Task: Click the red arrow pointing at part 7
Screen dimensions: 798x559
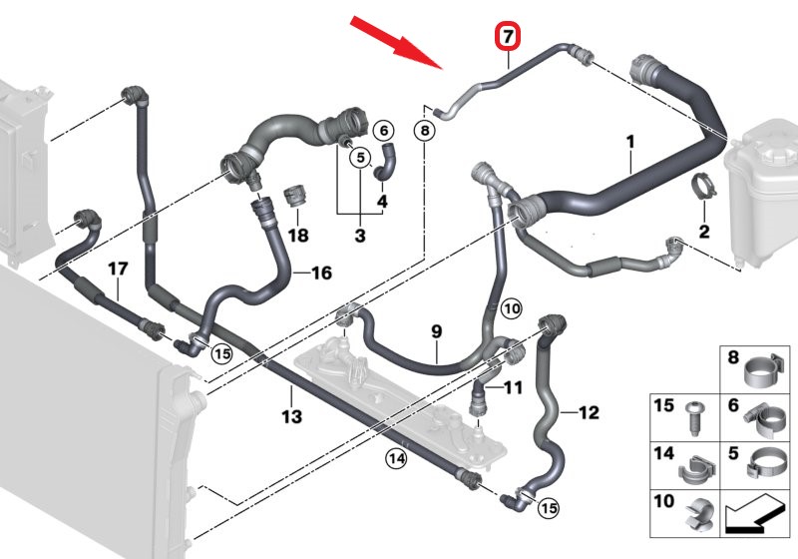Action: pos(396,42)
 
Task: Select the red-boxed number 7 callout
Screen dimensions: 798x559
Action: pos(508,37)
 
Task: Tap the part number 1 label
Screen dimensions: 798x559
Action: pos(630,142)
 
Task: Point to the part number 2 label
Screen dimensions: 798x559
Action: pos(704,232)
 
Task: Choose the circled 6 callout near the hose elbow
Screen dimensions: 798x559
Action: pos(384,131)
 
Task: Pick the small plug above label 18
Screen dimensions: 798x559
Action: pos(295,196)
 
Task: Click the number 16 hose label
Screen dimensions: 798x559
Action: pos(321,273)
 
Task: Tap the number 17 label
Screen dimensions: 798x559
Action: pos(118,269)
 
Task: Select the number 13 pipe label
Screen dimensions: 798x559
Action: pos(292,417)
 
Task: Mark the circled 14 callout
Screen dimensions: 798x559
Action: pos(396,459)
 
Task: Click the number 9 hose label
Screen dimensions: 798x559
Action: pos(437,332)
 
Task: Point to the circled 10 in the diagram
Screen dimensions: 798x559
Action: pos(512,308)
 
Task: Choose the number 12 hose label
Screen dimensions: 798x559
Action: pos(589,412)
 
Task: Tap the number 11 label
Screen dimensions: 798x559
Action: pos(513,388)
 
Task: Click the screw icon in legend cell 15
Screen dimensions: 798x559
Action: pos(694,419)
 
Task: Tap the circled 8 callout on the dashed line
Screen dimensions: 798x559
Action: pos(425,131)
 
